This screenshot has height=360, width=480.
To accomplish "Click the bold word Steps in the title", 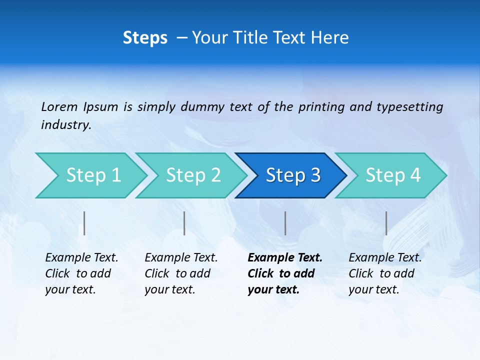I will tap(145, 38).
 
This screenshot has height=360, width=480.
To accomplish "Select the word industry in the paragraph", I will tap(66, 125).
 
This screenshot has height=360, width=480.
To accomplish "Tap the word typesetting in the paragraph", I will tap(409, 107).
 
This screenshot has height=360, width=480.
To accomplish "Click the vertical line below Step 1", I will tap(84, 223).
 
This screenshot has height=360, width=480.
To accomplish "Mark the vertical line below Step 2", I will tap(184, 223).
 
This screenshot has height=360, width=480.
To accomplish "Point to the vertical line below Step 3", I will tap(285, 223).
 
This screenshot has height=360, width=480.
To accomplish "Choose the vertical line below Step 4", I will tap(386, 223).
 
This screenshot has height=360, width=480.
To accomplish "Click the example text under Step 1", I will tap(81, 273).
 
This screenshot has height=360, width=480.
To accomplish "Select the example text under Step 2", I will tap(181, 273).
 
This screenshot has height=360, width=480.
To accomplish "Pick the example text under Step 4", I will tap(385, 273).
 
